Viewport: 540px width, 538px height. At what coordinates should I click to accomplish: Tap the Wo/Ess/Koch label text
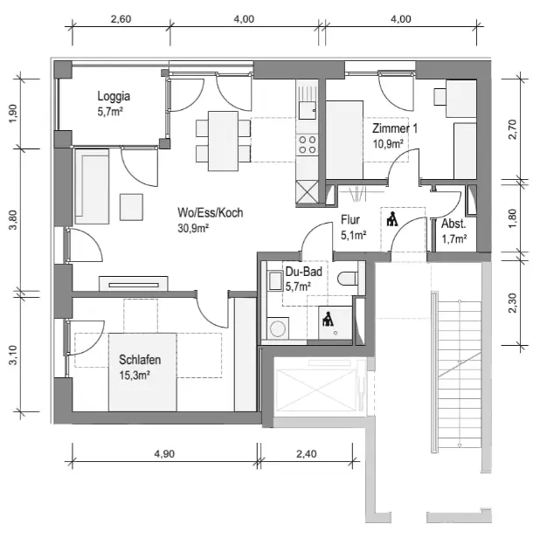point(209,213)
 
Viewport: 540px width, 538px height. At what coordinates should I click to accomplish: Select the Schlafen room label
point(140,360)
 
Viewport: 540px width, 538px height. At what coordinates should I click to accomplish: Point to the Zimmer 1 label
point(395,128)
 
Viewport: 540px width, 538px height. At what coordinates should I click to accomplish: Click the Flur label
point(351,220)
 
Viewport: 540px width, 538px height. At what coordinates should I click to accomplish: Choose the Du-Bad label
point(303,272)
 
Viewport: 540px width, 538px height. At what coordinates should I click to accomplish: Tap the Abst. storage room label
point(453,224)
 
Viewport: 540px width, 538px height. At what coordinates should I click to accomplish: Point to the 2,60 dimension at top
point(121,18)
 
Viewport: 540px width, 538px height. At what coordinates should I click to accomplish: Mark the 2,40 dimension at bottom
point(308,454)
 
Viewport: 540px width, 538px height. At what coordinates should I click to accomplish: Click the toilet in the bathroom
point(349,280)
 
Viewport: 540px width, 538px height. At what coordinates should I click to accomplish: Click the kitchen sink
point(307,111)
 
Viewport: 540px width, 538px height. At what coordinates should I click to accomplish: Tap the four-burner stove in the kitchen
point(307,143)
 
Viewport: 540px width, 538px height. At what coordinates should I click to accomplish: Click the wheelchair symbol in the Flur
point(391,218)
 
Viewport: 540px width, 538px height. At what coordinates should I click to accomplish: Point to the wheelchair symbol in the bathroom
point(329,320)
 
